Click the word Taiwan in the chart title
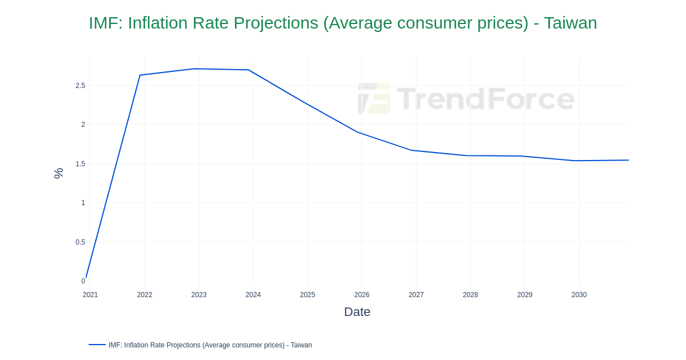click(x=570, y=23)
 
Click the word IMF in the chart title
click(x=105, y=23)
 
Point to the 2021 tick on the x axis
click(x=90, y=295)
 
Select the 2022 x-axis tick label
click(x=145, y=295)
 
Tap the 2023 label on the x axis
click(x=199, y=295)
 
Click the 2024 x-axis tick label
click(x=253, y=295)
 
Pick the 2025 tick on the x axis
click(x=308, y=295)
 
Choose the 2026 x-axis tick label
click(x=362, y=295)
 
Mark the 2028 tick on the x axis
click(x=470, y=295)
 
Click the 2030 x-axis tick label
click(x=579, y=295)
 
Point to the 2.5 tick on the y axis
click(x=80, y=86)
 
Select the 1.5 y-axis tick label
click(x=80, y=164)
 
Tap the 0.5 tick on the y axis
click(x=80, y=242)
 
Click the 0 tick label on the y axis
click(x=83, y=281)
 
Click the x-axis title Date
click(x=357, y=312)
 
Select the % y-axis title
click(x=58, y=173)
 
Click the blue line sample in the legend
click(x=97, y=345)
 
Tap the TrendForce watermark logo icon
click(x=374, y=98)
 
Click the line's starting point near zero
click(x=86, y=278)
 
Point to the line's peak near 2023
click(x=194, y=69)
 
